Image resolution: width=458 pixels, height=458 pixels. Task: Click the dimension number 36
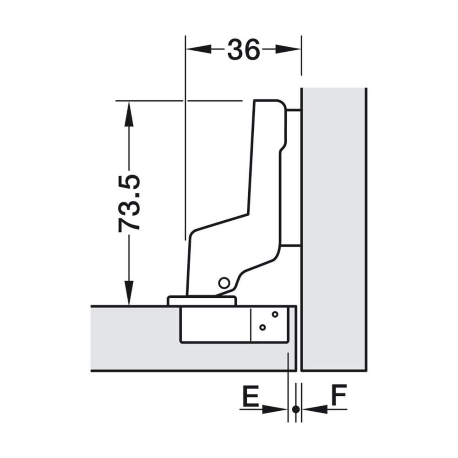coord(243,49)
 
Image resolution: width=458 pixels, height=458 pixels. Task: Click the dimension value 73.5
coord(129,203)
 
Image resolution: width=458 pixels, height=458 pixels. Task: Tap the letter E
coord(251,396)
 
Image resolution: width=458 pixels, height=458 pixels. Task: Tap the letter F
coord(339,395)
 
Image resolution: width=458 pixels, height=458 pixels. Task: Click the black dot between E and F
coord(296,409)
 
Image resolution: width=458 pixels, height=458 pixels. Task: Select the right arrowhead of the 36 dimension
coord(288,49)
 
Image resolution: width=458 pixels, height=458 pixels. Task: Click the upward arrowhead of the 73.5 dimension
coord(129,114)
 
